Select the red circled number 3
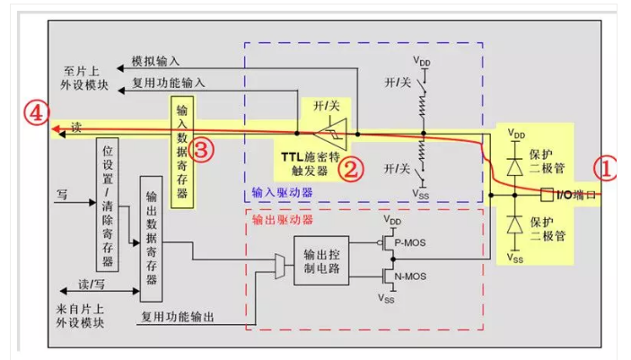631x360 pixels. [x=203, y=150]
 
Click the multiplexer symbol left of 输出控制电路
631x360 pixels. [x=280, y=263]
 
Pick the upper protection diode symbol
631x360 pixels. [x=515, y=163]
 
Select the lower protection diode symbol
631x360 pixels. [x=515, y=224]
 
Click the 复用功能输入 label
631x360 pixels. [x=169, y=83]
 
